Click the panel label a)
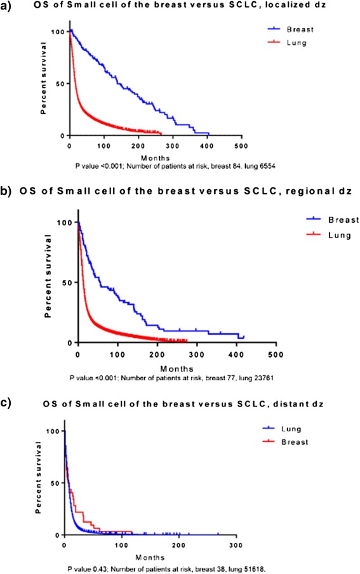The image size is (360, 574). [x=8, y=8]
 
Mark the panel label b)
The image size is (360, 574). [x=8, y=190]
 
